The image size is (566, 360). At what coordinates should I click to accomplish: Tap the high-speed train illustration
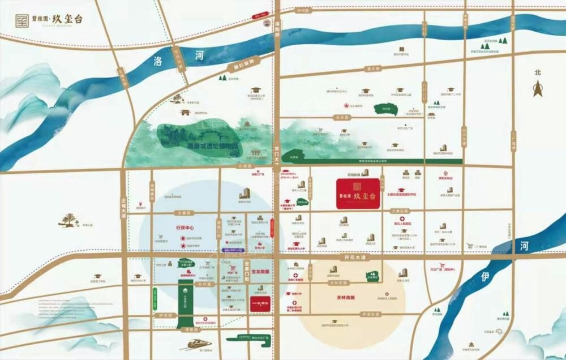pos(195,344)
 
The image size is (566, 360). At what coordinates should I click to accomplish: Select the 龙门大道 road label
pos(277,157)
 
